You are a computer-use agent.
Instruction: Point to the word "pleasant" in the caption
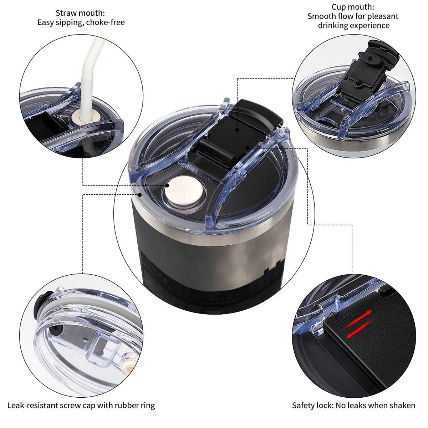[x=383, y=16]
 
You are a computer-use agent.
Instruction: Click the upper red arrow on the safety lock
[x=357, y=320]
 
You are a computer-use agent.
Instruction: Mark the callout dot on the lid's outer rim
[x=140, y=195]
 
